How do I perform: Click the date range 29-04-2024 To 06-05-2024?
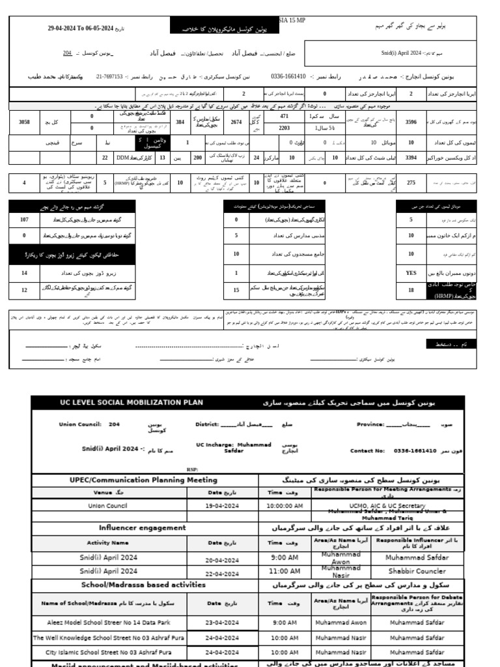[80, 29]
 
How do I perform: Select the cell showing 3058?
[24, 122]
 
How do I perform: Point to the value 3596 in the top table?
[411, 122]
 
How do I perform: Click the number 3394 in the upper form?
[411, 157]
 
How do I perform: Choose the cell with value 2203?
[285, 128]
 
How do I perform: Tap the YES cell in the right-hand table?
[411, 273]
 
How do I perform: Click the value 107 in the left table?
[24, 220]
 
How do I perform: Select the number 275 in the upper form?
[411, 183]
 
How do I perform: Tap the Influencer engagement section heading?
[142, 528]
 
